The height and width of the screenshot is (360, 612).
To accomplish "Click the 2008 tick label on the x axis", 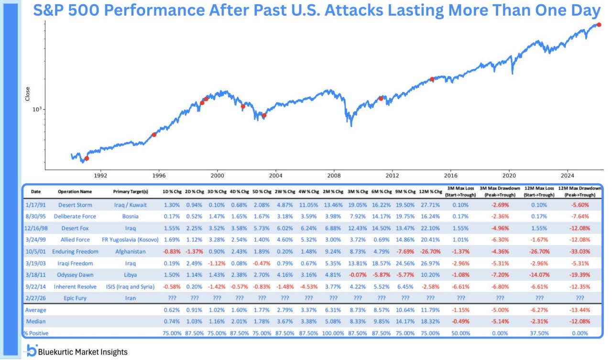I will [334, 175].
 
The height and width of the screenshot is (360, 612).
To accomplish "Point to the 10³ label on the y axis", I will [38, 109].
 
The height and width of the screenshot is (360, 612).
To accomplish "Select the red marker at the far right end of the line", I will [598, 24].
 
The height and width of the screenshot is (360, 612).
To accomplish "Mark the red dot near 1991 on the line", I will [87, 158].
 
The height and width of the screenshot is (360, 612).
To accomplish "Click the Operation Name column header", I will [75, 191].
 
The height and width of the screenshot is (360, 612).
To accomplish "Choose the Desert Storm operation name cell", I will [75, 205].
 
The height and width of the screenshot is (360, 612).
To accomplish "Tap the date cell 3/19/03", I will [36, 263].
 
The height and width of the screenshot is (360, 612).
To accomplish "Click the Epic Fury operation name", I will [75, 298].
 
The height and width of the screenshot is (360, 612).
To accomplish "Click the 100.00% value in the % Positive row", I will [333, 333].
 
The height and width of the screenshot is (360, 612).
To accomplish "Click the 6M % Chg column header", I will [382, 191].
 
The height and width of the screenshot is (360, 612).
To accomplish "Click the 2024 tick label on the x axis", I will [568, 175].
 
